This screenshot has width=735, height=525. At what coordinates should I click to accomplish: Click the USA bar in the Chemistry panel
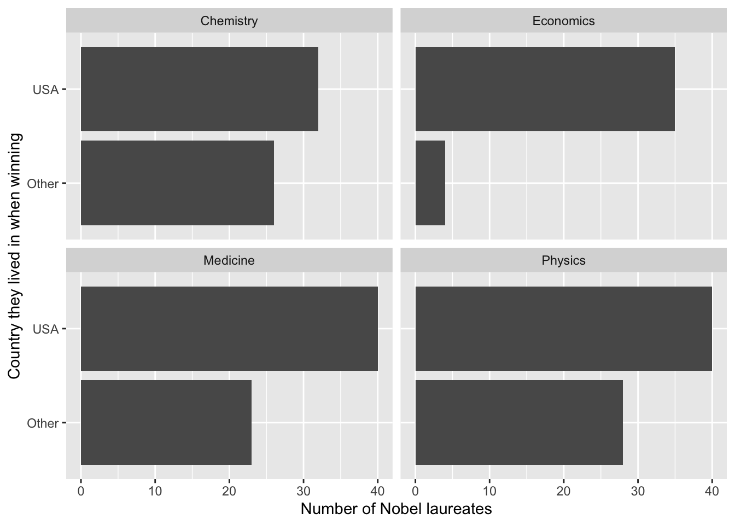click(x=200, y=89)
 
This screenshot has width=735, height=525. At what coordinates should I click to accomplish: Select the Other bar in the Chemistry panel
click(x=177, y=183)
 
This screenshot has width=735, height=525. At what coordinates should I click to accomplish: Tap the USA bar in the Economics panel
click(x=545, y=89)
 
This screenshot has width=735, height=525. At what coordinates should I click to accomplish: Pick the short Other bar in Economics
click(x=430, y=183)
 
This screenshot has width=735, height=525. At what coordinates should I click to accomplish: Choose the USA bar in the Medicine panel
click(x=229, y=329)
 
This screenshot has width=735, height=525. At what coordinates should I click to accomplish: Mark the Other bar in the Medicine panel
click(x=166, y=422)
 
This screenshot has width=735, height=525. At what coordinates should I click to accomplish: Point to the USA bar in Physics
click(x=563, y=329)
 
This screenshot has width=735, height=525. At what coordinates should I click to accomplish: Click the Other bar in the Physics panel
click(x=519, y=422)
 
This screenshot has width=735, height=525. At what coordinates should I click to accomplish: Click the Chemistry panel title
click(x=229, y=21)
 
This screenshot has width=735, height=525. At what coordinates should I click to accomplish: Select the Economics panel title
click(x=563, y=21)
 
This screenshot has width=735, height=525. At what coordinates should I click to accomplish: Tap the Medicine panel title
click(x=229, y=260)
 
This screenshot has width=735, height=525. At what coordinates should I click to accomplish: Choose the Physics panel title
click(x=563, y=260)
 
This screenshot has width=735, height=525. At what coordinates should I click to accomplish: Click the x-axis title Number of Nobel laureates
click(x=396, y=509)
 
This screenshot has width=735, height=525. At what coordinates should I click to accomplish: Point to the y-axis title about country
click(x=15, y=256)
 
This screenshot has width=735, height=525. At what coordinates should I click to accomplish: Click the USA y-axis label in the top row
click(x=45, y=90)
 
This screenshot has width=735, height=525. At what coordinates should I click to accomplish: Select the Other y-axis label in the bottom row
click(x=43, y=423)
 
